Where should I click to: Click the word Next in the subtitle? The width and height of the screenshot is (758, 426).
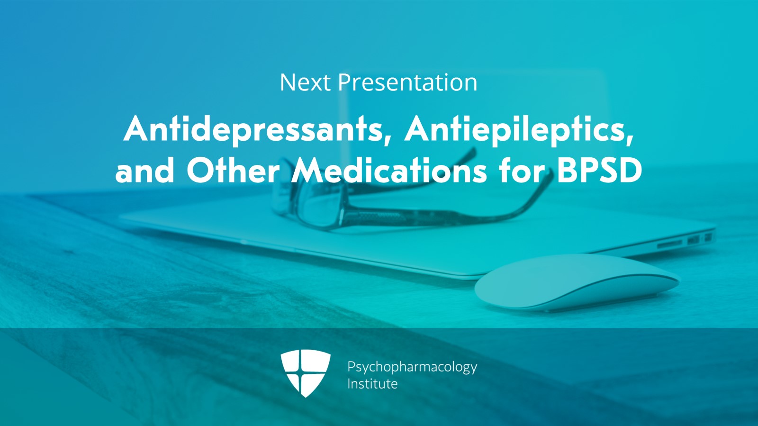305,82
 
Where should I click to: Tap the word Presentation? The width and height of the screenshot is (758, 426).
408,82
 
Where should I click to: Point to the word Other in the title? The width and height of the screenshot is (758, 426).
233,171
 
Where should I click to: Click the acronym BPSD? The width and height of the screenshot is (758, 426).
600,171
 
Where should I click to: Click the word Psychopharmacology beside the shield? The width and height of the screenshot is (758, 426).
412,367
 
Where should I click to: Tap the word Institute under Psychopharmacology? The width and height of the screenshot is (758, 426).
372,384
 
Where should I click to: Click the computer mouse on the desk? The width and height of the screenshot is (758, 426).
577,282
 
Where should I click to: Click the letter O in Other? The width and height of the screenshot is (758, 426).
200,171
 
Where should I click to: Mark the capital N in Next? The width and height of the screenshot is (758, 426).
287,82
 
